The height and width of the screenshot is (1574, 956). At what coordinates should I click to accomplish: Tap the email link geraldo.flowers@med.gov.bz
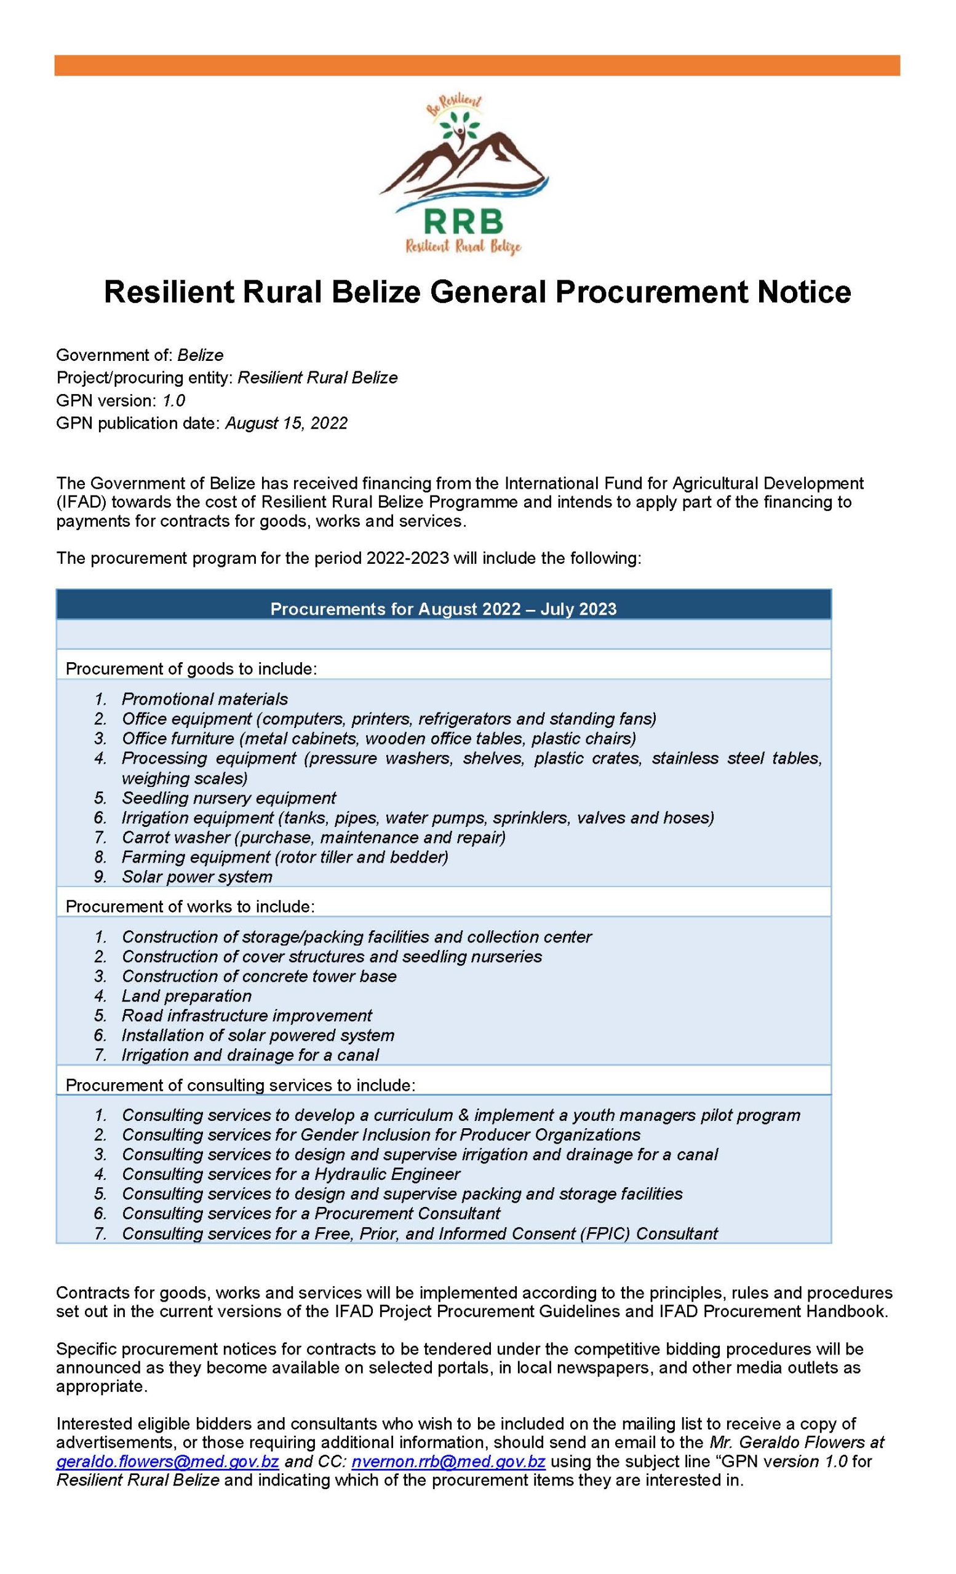167,1460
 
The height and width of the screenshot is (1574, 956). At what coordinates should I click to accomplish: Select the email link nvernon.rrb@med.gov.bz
447,1460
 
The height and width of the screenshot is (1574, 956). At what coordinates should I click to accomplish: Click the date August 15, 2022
285,423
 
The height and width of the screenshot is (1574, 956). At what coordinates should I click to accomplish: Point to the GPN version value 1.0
173,400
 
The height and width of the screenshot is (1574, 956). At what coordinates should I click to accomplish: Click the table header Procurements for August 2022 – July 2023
443,608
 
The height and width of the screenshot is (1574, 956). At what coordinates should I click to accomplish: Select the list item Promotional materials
204,699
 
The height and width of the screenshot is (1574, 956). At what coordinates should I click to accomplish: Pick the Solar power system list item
197,876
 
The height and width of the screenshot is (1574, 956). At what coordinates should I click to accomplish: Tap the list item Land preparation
186,996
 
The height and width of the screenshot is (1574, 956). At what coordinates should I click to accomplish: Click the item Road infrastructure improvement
247,1016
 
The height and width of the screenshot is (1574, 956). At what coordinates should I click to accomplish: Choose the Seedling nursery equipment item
229,798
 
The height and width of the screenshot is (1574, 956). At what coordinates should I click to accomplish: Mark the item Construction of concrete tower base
259,976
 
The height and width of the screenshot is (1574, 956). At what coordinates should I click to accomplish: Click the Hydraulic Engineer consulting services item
291,1174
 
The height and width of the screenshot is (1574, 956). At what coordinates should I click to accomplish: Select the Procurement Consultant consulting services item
311,1214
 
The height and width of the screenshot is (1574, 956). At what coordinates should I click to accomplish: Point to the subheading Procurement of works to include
190,906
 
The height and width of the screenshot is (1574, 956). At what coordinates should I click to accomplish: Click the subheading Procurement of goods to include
191,669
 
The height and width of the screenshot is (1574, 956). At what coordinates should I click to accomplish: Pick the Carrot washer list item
313,837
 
